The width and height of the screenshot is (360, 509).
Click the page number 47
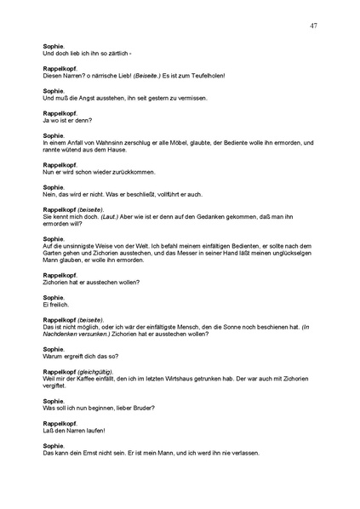point(314,26)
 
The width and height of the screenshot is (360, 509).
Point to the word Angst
point(83,98)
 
